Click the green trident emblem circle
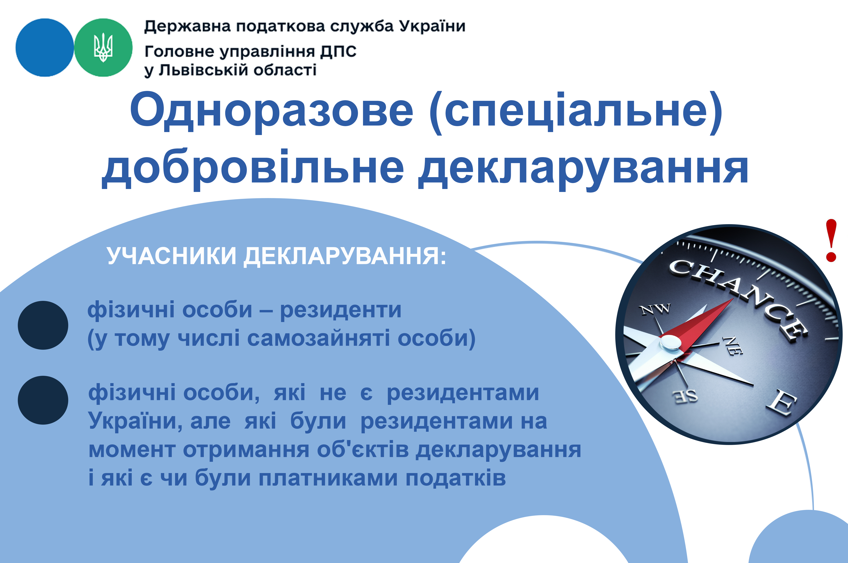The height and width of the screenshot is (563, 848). (103, 47)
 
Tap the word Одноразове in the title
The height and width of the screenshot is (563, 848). (272, 111)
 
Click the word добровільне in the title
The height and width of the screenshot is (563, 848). (253, 169)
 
